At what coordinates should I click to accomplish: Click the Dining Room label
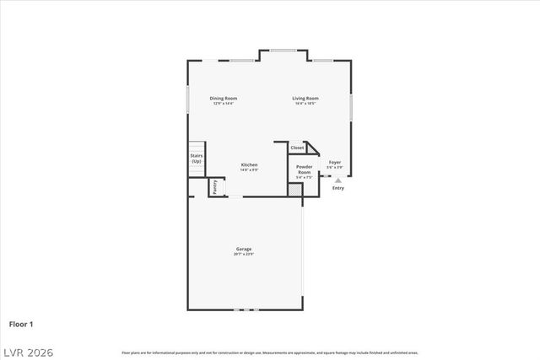click(224, 98)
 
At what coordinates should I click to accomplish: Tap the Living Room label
click(305, 98)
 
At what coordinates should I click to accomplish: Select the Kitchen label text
click(249, 164)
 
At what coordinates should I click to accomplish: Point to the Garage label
click(244, 249)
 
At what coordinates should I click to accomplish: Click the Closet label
click(297, 148)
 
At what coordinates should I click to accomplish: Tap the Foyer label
click(335, 162)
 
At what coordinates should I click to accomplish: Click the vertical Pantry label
click(215, 187)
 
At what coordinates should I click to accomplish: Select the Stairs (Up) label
click(196, 159)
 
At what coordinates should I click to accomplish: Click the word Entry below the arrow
click(337, 188)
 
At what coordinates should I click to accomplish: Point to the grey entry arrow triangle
click(337, 180)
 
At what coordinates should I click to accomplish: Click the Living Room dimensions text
click(305, 103)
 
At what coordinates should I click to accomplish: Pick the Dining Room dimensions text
click(224, 103)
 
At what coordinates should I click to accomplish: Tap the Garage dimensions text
click(244, 254)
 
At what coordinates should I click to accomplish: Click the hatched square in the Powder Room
click(294, 191)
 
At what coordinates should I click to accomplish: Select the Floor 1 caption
click(22, 323)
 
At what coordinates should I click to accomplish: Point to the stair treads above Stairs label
click(196, 148)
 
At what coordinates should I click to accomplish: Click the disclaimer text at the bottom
click(270, 352)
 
